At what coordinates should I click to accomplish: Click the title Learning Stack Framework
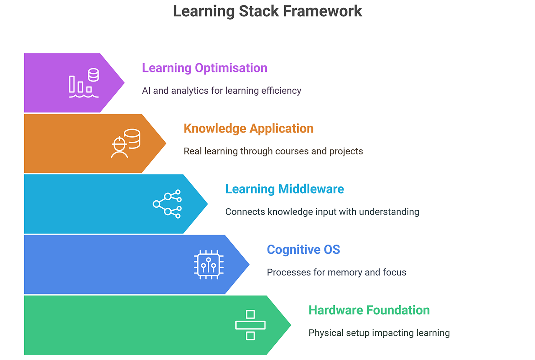click(267, 11)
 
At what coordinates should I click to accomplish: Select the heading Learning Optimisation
click(204, 68)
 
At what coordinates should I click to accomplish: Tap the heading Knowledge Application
click(248, 128)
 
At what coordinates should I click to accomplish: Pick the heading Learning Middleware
click(284, 189)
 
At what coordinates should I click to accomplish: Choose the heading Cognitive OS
click(303, 250)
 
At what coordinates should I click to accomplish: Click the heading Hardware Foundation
click(369, 310)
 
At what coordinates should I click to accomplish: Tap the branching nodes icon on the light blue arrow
click(167, 204)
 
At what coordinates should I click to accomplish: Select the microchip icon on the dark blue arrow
click(209, 265)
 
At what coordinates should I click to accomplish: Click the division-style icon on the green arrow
click(250, 325)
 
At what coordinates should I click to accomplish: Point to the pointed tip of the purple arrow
click(124, 83)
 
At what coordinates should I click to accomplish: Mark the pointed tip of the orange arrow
click(166, 143)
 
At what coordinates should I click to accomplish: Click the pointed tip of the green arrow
click(290, 325)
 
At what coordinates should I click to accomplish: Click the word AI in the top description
click(146, 91)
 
